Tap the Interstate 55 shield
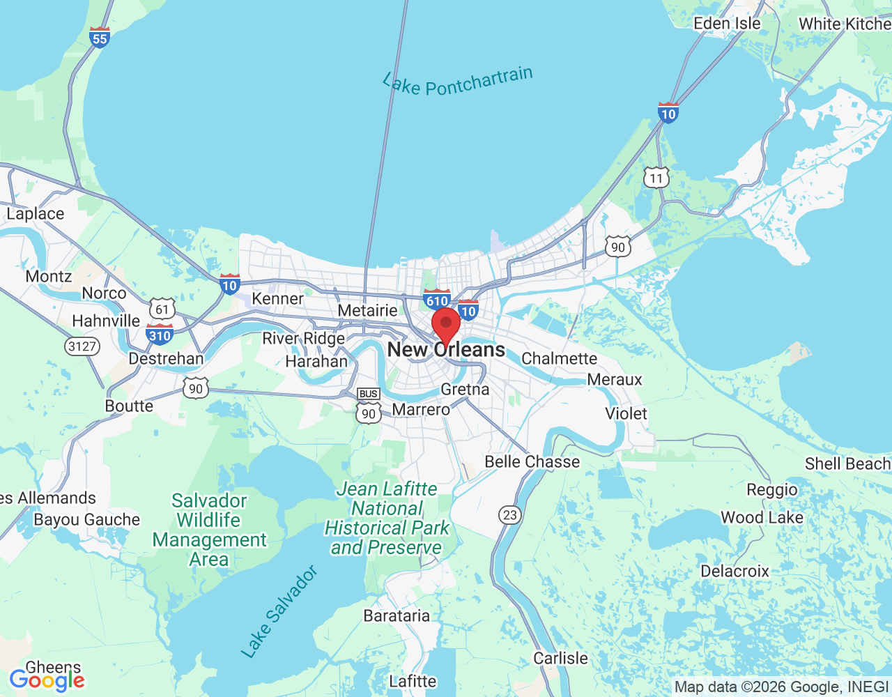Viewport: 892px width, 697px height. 100,38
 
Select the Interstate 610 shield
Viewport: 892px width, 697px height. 437,300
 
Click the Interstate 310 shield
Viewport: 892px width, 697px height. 160,335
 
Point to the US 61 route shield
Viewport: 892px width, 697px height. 162,309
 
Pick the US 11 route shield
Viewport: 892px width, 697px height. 656,178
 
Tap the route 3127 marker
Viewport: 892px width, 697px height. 82,346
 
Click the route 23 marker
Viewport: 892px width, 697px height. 510,515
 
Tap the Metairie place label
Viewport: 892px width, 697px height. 367,310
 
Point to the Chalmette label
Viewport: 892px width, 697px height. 559,358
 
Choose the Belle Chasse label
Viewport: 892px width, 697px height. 532,461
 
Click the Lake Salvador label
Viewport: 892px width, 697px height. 279,612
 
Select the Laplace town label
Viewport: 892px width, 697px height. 35,214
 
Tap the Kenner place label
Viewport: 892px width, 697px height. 277,298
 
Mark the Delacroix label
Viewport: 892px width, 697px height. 735,571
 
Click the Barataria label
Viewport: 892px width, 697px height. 397,615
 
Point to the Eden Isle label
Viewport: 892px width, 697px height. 727,24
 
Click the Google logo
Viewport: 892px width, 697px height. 47,680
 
